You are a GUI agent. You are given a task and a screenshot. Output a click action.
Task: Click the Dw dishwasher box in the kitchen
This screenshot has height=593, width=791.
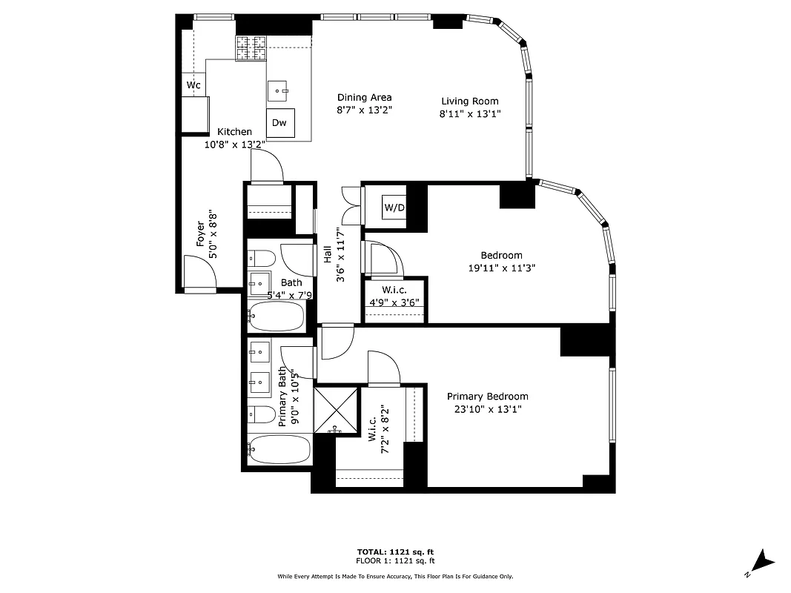coord(279,123)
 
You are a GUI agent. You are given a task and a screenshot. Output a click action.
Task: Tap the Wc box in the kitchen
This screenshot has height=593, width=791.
coord(193,85)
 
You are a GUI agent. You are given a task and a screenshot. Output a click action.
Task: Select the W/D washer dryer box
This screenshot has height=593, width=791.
coord(394,207)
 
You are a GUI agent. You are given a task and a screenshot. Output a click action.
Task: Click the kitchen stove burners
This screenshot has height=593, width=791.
coord(251,48)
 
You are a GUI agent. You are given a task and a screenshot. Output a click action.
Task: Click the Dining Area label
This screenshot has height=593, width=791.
coord(364,97)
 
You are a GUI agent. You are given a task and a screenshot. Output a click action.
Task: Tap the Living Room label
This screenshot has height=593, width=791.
coord(469,102)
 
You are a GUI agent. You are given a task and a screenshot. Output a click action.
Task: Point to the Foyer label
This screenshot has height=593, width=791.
coord(201,233)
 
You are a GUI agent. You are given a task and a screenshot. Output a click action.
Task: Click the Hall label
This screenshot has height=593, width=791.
coord(328,254)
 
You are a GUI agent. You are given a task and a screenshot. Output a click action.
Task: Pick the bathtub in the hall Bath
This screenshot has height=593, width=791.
coord(276,317)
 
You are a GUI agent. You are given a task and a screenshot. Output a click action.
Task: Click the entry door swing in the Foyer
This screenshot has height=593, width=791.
coord(198,272)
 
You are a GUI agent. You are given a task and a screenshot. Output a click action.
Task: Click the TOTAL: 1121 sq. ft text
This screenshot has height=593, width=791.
coord(395,551)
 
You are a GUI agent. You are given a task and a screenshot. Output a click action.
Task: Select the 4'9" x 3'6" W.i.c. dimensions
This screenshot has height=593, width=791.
coord(394,302)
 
